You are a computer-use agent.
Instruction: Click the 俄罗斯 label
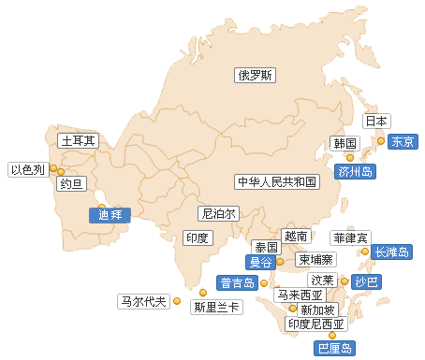255,76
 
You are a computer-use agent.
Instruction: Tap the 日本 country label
376,121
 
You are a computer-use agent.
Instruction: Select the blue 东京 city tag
403,142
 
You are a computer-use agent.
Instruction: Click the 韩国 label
344,143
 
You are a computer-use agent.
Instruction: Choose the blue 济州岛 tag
356,171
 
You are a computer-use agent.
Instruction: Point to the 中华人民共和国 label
278,181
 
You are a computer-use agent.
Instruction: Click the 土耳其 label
78,141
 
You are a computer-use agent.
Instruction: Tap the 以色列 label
27,169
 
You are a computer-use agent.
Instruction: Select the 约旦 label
71,183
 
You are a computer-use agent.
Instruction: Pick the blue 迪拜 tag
111,213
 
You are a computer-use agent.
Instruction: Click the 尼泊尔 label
218,213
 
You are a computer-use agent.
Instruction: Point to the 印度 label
197,238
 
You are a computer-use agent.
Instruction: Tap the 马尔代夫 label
143,301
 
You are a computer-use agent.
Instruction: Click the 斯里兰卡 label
215,306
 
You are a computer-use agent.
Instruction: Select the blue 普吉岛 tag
237,282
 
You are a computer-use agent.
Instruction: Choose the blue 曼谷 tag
261,263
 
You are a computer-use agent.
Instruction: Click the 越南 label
295,237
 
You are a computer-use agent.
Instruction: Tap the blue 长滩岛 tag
390,252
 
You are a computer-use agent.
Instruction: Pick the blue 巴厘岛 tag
334,349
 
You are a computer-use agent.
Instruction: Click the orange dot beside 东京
380,141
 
